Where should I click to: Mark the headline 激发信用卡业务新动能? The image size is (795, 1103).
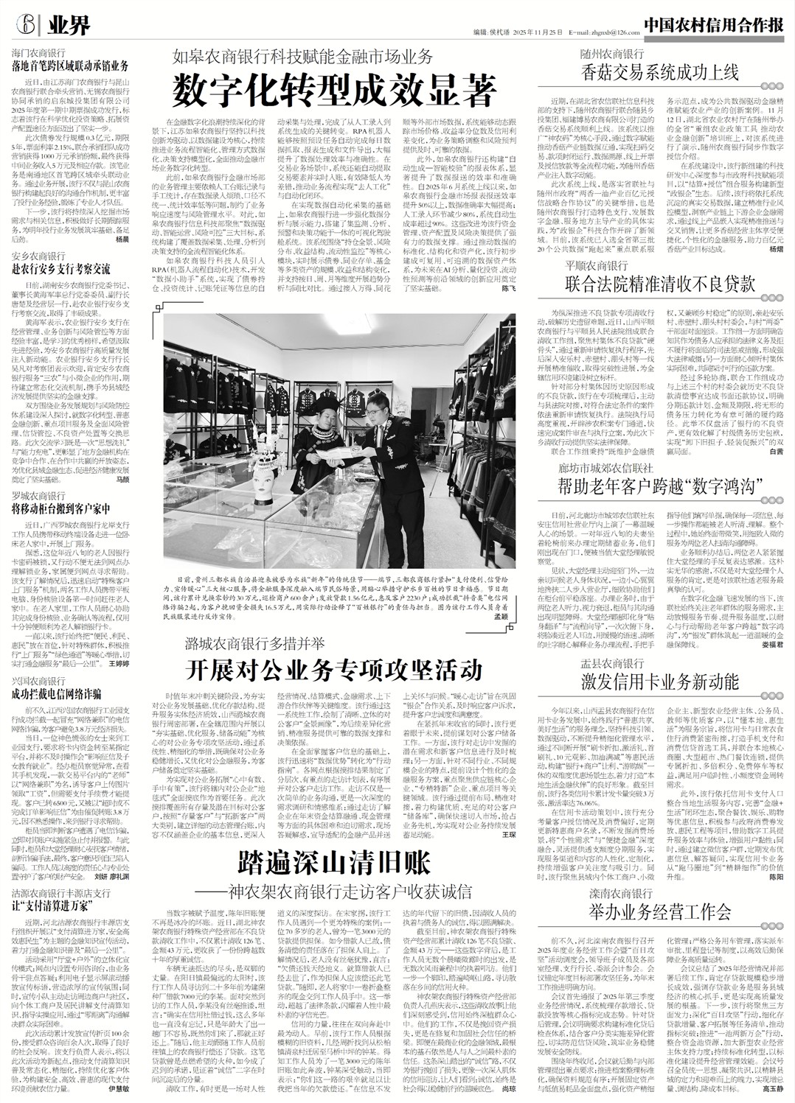point(659,677)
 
